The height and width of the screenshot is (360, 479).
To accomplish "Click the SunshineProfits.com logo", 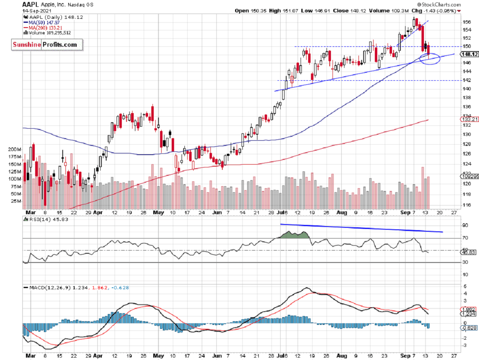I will click(47, 45).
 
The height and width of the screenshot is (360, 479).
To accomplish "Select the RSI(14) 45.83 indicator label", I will click(46, 219).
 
